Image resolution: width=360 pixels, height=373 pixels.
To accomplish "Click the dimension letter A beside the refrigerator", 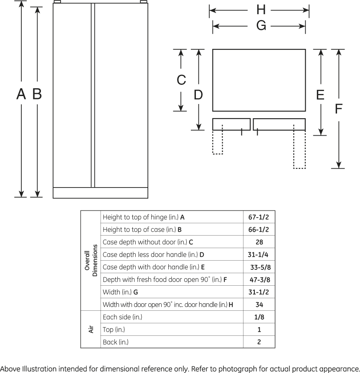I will coord(21,94).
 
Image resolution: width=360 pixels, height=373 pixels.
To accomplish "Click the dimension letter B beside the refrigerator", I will coord(37,94).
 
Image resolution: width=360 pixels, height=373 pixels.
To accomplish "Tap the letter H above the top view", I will coord(261,10).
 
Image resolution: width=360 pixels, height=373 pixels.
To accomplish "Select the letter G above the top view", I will coord(261,26).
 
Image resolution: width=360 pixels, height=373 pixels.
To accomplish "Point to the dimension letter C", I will coord(181,80).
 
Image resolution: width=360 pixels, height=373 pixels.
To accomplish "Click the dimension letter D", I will coord(198,95).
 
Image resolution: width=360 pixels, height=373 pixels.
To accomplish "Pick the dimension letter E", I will coord(320,95).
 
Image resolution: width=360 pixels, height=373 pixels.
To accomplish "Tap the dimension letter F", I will coord(339,109).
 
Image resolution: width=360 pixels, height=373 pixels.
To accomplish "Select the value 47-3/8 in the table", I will coord(260,280).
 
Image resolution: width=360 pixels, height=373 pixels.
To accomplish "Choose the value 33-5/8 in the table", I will coord(260,267).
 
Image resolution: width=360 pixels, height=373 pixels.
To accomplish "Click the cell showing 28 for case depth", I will coord(259,242).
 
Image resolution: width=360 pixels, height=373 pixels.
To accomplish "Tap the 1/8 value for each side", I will coord(259,317).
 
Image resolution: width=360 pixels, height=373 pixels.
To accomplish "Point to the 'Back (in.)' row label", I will coord(116,342).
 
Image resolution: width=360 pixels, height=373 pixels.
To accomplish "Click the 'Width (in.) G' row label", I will coord(120,292).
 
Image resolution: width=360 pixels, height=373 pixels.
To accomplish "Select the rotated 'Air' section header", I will coord(91,330).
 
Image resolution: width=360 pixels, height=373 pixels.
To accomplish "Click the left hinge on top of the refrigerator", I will coord(58,2).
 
